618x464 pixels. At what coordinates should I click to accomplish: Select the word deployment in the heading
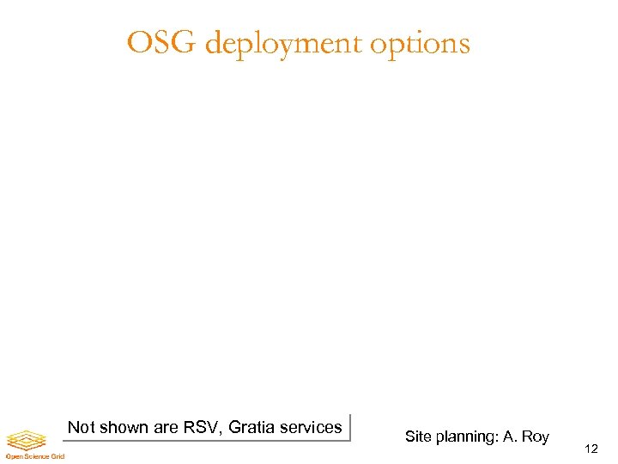pos(285,44)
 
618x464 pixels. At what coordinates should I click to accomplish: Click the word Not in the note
pos(81,427)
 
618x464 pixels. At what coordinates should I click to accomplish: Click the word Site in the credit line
pos(418,437)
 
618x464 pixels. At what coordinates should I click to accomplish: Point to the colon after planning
pos(497,437)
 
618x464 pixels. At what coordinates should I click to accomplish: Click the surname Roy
pos(535,437)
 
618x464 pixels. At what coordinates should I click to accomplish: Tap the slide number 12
pos(590,449)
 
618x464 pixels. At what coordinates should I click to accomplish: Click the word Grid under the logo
pos(57,456)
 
